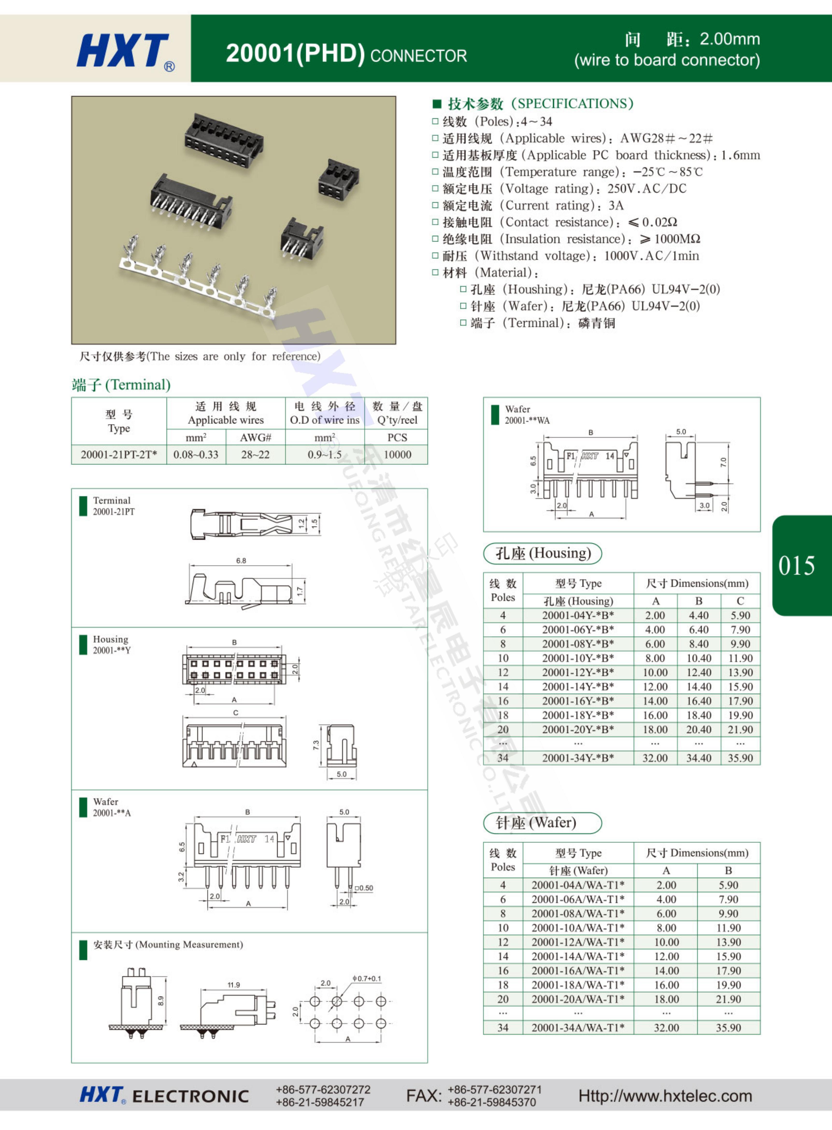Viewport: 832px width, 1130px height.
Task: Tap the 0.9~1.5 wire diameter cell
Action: [324, 454]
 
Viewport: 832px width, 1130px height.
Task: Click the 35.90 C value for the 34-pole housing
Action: [740, 758]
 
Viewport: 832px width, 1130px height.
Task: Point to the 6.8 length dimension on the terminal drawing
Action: [241, 560]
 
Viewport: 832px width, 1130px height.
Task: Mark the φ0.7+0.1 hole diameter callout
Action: [367, 978]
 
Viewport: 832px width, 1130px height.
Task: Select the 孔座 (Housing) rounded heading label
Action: [542, 553]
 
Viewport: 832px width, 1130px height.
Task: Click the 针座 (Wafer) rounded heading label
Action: [542, 823]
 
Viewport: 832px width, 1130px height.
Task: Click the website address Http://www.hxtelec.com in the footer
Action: [665, 1096]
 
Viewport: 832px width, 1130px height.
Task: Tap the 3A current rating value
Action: [616, 205]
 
